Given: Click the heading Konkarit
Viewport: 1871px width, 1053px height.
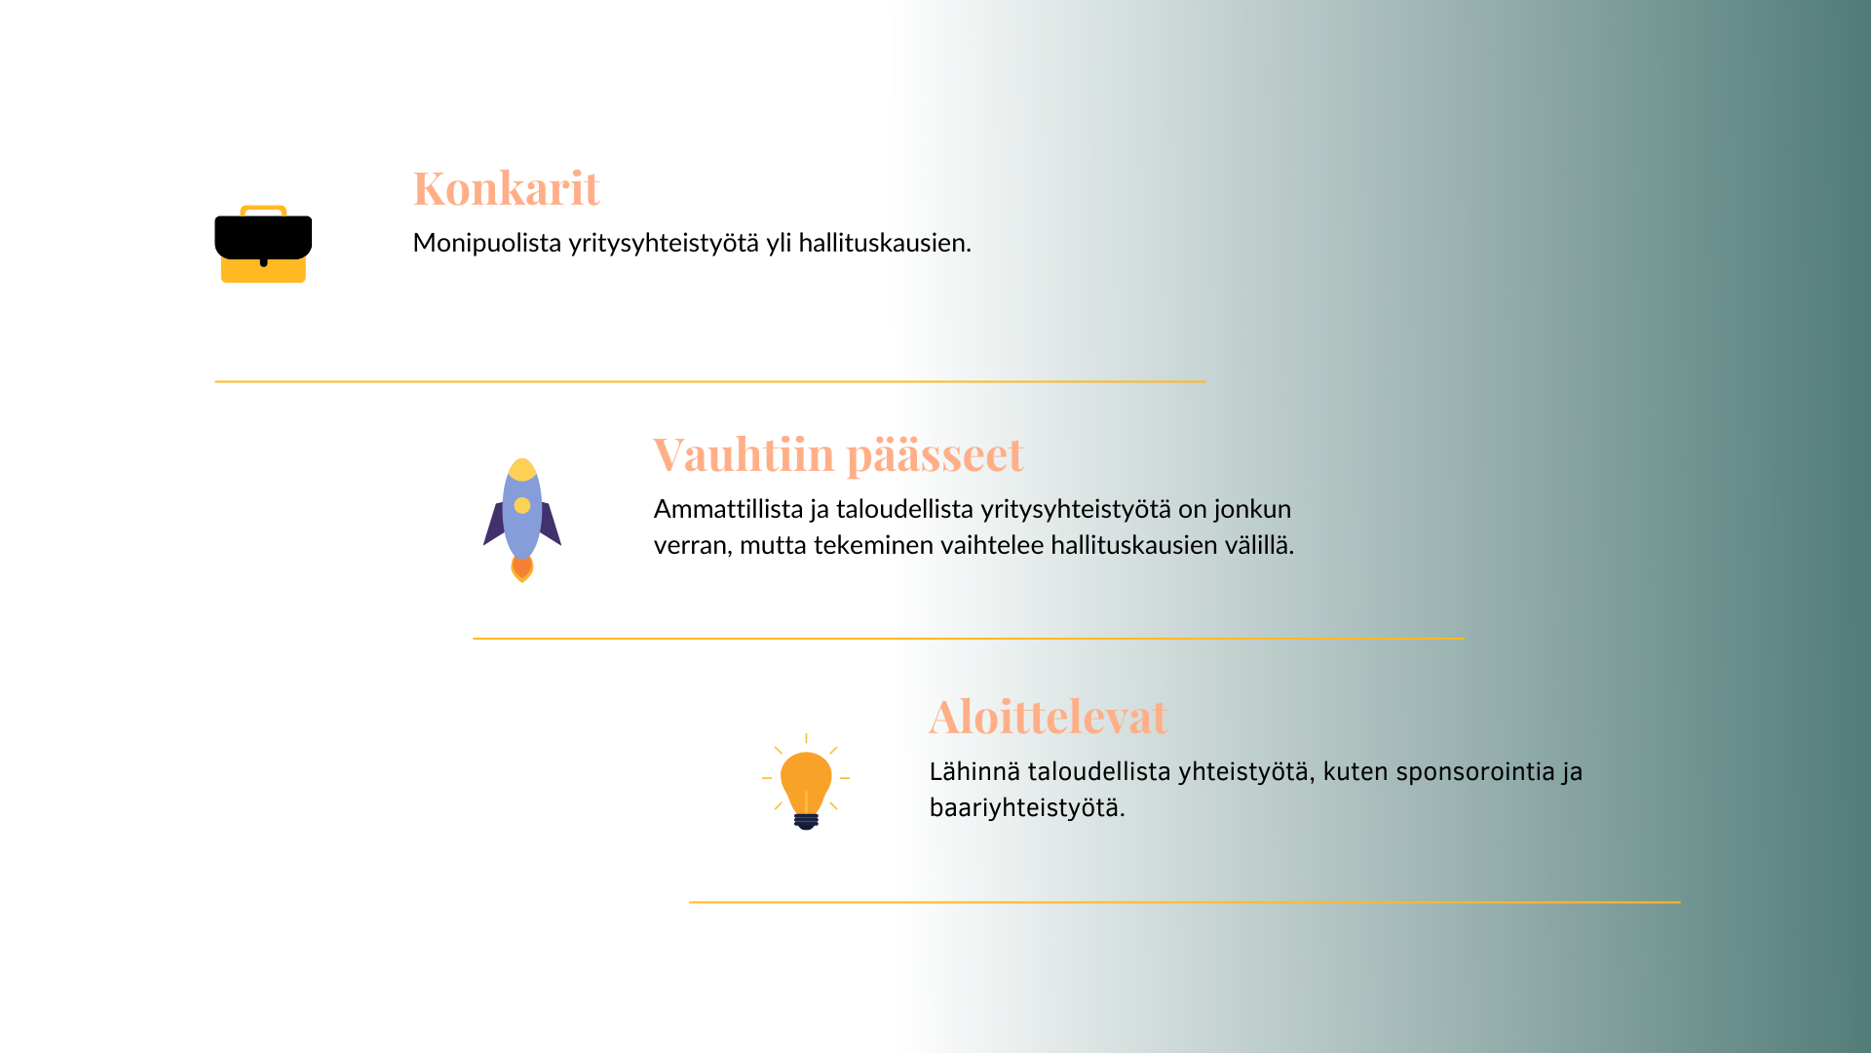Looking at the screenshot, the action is click(x=506, y=188).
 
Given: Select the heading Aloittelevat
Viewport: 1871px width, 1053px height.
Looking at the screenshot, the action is click(x=1049, y=717).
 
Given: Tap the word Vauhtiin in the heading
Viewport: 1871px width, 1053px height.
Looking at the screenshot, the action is click(x=744, y=454).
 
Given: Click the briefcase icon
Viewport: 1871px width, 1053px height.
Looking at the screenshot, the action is click(x=263, y=244).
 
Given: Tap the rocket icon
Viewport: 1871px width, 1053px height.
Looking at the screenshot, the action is click(x=522, y=520).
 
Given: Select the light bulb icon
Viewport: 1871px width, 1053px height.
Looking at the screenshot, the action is click(x=806, y=781).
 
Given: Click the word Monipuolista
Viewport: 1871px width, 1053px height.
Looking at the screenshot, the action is click(x=487, y=243).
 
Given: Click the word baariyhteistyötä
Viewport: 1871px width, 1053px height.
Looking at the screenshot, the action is click(x=1027, y=808).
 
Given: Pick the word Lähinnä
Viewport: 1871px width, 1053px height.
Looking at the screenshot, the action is click(x=974, y=771).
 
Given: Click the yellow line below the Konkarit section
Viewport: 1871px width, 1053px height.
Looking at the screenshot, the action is click(x=710, y=381).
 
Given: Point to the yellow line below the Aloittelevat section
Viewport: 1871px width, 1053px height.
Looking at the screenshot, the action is click(x=1185, y=902).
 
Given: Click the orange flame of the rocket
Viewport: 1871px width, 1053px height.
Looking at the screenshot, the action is click(x=522, y=568).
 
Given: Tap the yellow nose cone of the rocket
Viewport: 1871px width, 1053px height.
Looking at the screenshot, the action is click(x=522, y=469).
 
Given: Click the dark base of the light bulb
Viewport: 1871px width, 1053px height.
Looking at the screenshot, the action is click(x=806, y=821).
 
